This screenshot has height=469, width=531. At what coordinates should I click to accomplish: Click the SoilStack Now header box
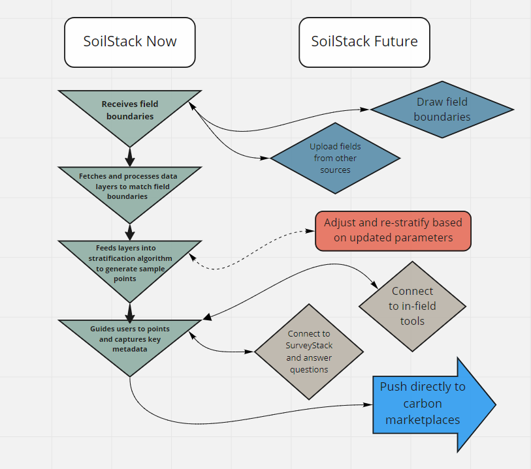click(x=129, y=42)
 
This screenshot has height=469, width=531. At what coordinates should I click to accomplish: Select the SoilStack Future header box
click(x=364, y=42)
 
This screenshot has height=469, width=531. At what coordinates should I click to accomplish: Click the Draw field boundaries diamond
click(x=442, y=110)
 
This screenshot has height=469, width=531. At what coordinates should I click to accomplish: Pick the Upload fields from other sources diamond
click(x=335, y=158)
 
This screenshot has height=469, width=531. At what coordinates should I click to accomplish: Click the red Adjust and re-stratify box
click(x=393, y=230)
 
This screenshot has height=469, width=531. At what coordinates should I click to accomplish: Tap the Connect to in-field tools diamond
click(x=413, y=306)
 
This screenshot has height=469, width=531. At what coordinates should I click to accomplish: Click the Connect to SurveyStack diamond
click(x=308, y=352)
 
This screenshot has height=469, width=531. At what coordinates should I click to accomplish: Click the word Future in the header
click(x=395, y=42)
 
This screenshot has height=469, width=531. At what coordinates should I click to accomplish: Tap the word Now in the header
click(x=161, y=42)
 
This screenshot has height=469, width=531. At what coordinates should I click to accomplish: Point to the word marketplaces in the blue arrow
click(x=423, y=420)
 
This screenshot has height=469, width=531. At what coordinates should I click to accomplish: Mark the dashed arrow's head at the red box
click(x=312, y=230)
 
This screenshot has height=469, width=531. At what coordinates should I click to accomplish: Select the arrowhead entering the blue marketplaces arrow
click(x=368, y=404)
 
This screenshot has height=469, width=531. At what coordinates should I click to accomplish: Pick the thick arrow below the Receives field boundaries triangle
click(x=129, y=157)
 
